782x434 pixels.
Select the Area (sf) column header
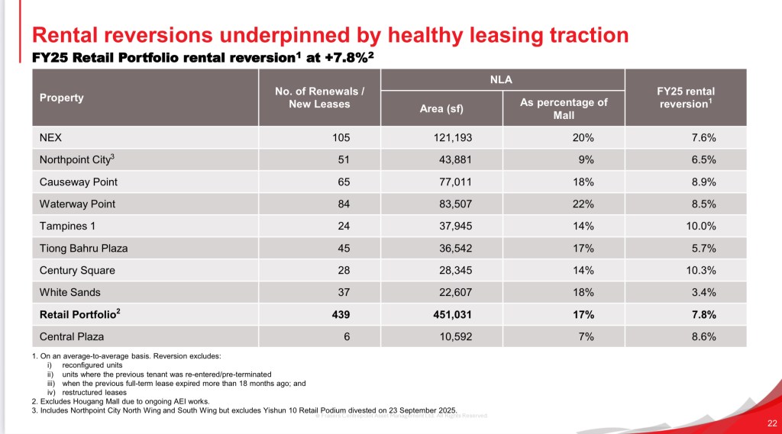point(441,108)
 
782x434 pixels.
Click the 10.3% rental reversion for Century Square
point(700,270)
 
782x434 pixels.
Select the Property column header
point(61,98)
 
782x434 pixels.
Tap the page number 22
point(771,423)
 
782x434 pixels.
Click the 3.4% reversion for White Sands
point(703,292)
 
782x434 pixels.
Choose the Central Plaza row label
point(72,336)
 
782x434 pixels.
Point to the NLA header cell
point(502,79)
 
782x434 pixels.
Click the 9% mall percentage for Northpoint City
point(586,159)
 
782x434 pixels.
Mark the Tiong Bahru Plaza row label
point(83,248)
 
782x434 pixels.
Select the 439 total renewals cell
point(340,314)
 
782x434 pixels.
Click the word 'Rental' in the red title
point(73,34)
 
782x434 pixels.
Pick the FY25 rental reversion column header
point(684,98)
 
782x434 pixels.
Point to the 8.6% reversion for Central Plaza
point(703,336)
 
